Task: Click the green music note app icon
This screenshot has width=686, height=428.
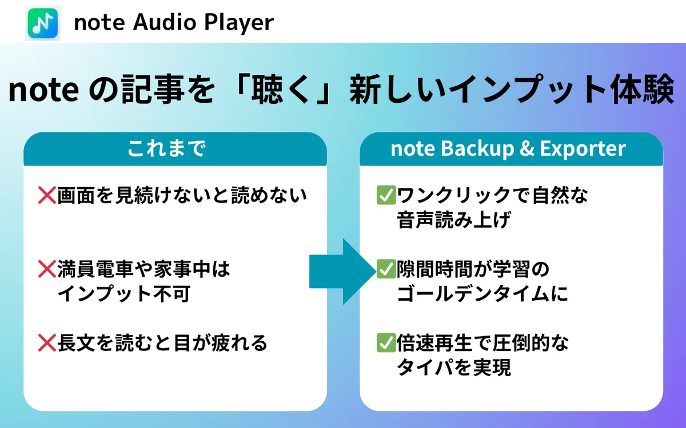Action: click(42, 23)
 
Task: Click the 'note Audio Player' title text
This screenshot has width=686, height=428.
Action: click(174, 22)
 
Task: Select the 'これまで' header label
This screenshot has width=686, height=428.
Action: click(166, 148)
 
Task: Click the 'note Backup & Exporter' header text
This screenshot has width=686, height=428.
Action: click(508, 148)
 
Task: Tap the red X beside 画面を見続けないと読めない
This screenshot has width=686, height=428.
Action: click(47, 195)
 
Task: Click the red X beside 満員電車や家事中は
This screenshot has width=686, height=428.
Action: click(47, 269)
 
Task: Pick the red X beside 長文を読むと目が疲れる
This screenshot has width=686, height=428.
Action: click(47, 342)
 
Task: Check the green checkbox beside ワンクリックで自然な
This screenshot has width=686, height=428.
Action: click(386, 195)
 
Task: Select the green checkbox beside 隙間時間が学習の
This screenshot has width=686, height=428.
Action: click(386, 269)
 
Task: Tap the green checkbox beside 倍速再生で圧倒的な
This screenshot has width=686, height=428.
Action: click(386, 342)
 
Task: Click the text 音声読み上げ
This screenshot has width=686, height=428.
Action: click(453, 220)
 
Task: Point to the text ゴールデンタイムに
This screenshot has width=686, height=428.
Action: click(482, 293)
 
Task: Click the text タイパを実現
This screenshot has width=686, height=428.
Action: click(453, 367)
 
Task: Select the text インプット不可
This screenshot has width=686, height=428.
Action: click(123, 293)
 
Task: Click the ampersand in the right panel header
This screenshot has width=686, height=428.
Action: click(527, 148)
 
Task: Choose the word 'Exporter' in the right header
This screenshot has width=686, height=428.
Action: click(583, 149)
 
